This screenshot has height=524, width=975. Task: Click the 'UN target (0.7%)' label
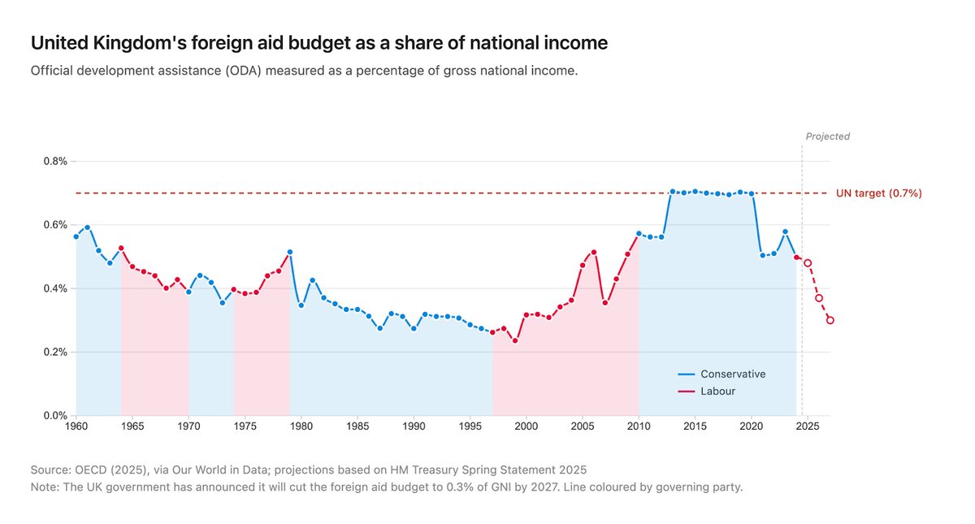tap(878, 193)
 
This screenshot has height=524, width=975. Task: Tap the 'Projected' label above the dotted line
tap(827, 136)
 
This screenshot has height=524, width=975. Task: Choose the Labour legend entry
tap(717, 392)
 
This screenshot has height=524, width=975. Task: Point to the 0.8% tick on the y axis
tap(54, 161)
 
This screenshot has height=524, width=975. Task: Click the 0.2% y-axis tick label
tap(54, 352)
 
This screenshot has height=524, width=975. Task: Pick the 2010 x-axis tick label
tap(639, 426)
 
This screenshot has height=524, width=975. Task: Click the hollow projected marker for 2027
tap(830, 320)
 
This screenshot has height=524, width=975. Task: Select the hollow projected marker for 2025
tap(808, 263)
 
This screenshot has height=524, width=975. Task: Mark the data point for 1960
tap(76, 236)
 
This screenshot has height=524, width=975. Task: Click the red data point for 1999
tap(515, 340)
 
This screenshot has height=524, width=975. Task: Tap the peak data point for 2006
tap(594, 252)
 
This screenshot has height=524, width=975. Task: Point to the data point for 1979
tap(290, 252)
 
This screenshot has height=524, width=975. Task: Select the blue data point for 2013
tap(673, 192)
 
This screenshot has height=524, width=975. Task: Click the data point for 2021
tap(762, 255)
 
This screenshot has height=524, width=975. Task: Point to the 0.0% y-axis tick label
tap(54, 416)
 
